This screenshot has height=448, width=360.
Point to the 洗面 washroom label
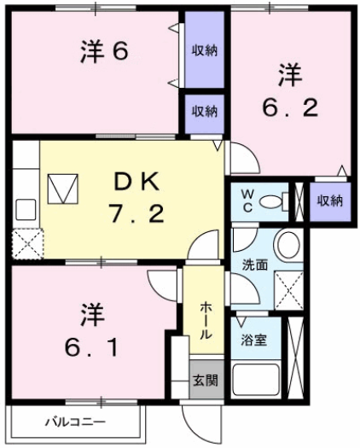[254, 265]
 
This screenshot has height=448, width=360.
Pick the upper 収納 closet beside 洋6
[204, 50]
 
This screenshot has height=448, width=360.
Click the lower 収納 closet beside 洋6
[204, 112]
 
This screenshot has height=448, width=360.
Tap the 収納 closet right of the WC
[330, 201]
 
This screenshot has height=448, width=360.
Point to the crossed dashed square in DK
[26, 243]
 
